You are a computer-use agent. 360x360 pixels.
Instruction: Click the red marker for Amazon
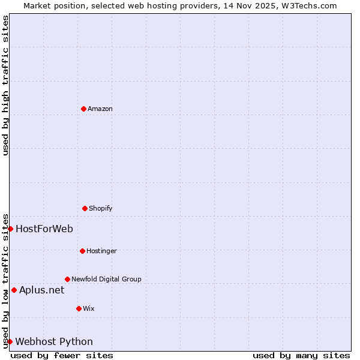(x=83, y=109)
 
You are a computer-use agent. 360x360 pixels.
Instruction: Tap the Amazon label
(x=100, y=109)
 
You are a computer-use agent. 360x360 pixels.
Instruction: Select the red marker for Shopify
(x=85, y=208)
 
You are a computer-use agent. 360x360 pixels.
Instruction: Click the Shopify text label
(x=101, y=208)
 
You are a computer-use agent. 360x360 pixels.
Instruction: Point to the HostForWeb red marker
(x=10, y=229)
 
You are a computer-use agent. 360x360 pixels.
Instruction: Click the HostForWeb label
(x=44, y=229)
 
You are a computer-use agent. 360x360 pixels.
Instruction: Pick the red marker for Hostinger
(x=82, y=251)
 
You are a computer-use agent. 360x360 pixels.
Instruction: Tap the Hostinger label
(x=101, y=251)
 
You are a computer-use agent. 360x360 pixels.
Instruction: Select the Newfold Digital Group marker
(x=67, y=279)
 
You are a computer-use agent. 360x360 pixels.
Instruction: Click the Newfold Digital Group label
(x=106, y=279)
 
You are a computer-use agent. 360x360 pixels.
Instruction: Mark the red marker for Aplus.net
(x=14, y=290)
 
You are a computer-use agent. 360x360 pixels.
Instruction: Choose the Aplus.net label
(x=41, y=290)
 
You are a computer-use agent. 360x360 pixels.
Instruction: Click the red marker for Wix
(x=79, y=308)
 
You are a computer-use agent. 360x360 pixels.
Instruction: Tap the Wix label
(x=89, y=308)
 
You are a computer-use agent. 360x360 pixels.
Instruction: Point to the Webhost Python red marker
(x=10, y=341)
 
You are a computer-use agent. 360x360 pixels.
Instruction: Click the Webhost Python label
(x=54, y=341)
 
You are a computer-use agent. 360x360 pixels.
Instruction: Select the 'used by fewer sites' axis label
(x=62, y=355)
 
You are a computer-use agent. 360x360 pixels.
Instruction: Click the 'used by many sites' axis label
(x=301, y=355)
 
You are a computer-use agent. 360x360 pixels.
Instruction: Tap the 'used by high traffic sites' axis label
(x=5, y=85)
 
